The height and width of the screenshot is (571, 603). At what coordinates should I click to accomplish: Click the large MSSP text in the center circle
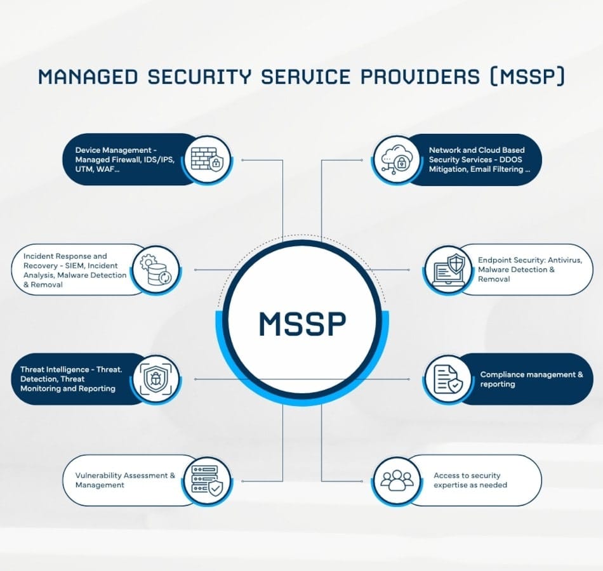303,324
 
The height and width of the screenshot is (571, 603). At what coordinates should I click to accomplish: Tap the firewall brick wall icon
207,159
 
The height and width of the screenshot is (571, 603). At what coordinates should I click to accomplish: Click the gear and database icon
155,270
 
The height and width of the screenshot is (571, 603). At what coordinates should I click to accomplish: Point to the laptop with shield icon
448,269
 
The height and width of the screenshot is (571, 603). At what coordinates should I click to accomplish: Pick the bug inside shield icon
155,379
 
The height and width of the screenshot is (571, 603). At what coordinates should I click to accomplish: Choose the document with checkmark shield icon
448,379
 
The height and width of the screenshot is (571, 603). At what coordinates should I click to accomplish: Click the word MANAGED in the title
88,77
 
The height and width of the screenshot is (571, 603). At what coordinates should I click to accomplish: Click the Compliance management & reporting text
531,379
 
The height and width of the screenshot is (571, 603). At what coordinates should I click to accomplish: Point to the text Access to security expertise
470,480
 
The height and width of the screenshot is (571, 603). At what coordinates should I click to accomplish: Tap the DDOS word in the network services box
511,160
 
